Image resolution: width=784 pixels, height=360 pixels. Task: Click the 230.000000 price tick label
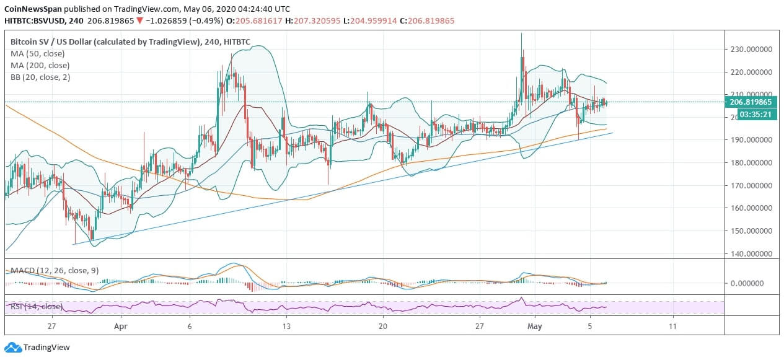pos(752,49)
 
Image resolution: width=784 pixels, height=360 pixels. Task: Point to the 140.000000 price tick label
pos(752,253)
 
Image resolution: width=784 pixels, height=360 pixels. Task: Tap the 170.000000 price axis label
pos(752,185)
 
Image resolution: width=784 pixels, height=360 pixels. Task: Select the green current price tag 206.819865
pos(752,102)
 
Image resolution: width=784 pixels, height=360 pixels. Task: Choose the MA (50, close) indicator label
pos(38,53)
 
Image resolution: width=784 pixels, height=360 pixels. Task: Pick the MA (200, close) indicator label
pos(40,65)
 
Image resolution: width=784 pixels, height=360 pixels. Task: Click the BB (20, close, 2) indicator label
pos(40,77)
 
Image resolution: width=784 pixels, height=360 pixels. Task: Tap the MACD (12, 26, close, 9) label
pos(55,270)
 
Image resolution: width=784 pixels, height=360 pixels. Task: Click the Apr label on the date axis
pos(121,326)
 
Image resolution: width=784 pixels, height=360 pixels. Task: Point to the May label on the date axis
pos(534,326)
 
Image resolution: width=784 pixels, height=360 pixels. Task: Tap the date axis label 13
pos(286,326)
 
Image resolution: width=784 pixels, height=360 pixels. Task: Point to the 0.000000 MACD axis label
pos(754,283)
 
